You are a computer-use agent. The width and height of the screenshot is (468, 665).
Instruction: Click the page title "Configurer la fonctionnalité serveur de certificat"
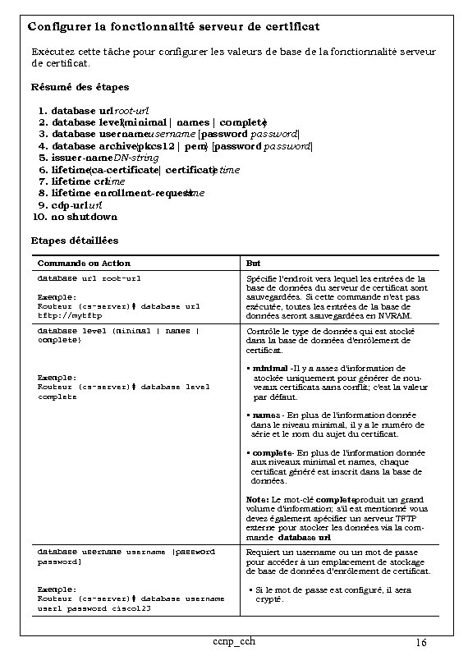pos(174,28)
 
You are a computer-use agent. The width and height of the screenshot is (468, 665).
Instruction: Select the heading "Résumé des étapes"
pos(80,87)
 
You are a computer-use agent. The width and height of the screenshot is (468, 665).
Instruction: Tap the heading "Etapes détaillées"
pos(75,241)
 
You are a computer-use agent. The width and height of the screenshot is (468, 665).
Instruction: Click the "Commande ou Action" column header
pos(85,264)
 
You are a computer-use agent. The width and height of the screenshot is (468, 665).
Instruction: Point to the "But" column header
pos(254,264)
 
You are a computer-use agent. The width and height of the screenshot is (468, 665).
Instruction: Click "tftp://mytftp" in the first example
pos(62,314)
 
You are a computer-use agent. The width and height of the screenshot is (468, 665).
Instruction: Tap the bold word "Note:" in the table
pos(257,500)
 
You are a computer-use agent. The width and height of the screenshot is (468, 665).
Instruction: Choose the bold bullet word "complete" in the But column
pos(271,453)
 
